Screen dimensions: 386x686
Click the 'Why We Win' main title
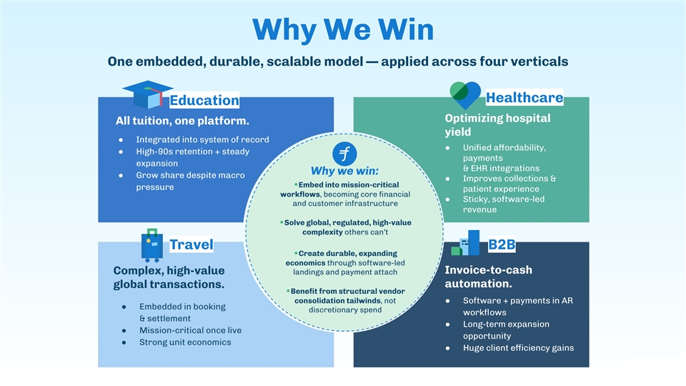click(x=343, y=29)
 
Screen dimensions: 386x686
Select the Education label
click(x=204, y=101)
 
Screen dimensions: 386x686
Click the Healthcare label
click(x=524, y=97)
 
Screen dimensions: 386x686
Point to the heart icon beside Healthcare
click(x=465, y=94)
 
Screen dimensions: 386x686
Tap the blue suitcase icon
click(x=151, y=244)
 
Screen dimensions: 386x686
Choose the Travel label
click(x=191, y=244)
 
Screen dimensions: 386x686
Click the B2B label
click(x=502, y=245)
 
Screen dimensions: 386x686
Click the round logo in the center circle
click(x=345, y=154)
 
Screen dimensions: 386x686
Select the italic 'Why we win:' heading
click(x=344, y=172)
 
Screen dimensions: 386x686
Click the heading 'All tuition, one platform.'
click(x=182, y=121)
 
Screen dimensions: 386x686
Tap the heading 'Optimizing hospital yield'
click(x=497, y=125)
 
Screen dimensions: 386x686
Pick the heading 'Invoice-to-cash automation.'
click(x=488, y=277)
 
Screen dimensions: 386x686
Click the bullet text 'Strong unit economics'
click(x=185, y=342)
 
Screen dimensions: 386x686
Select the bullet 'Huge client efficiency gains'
click(x=518, y=348)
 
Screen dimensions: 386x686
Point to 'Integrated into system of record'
click(x=202, y=139)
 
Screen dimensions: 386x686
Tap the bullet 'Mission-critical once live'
click(x=190, y=330)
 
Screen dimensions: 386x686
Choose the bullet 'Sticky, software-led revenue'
click(x=503, y=204)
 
